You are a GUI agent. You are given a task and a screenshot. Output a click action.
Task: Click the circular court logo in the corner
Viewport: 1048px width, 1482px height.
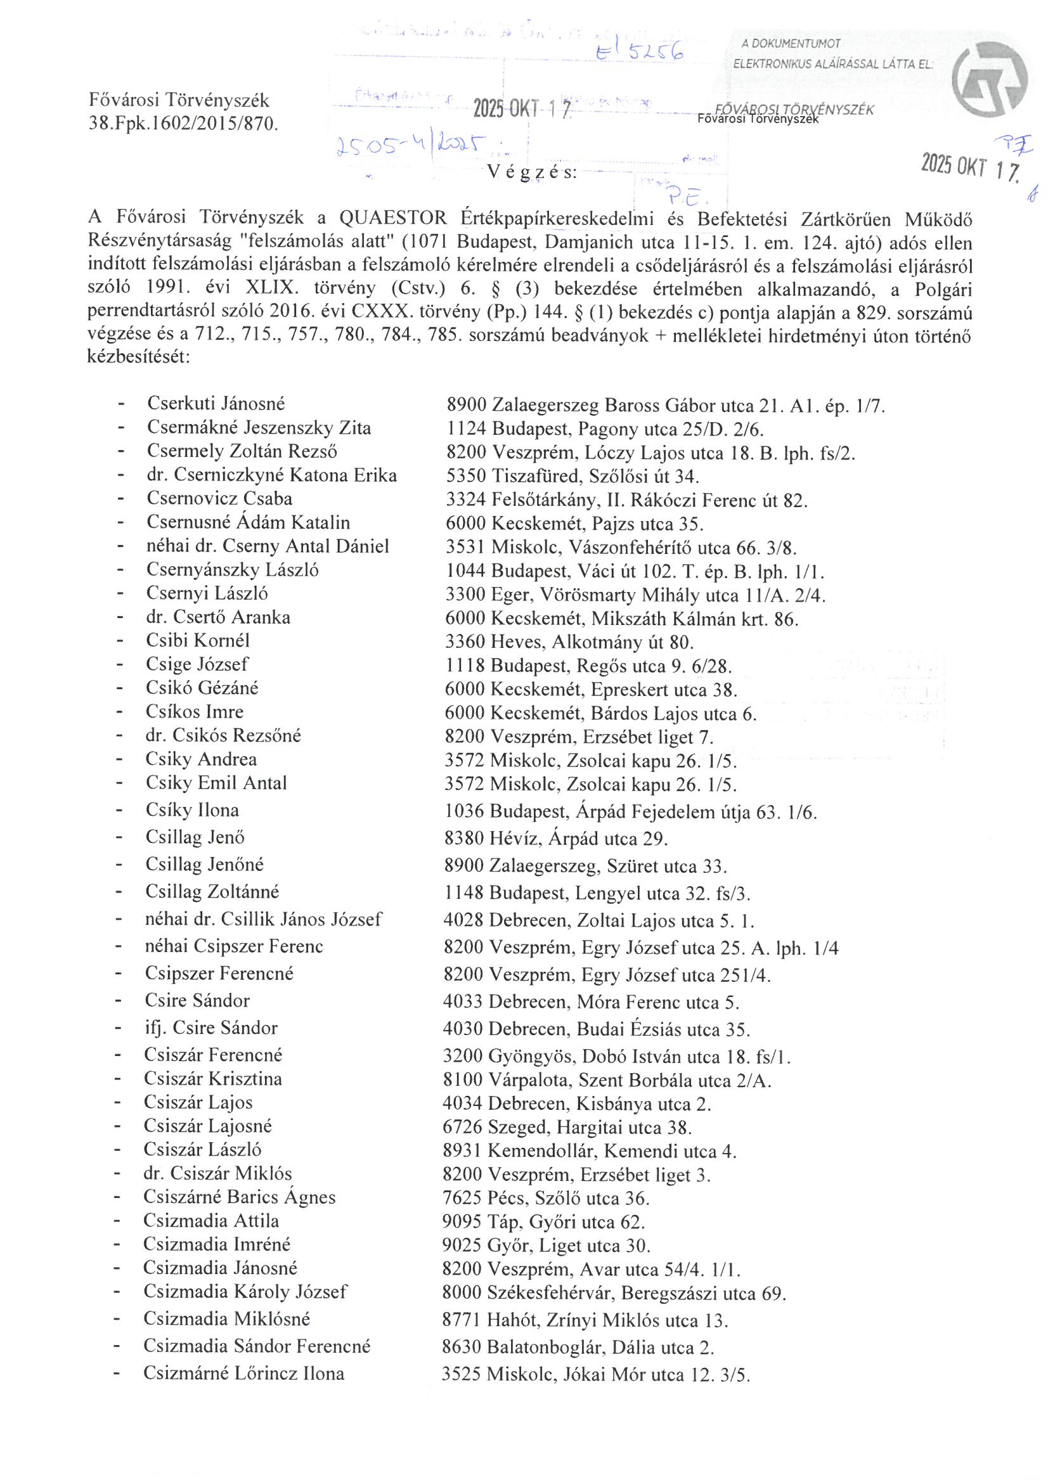989,79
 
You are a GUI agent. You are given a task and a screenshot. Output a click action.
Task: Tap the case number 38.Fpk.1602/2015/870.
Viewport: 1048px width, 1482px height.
183,123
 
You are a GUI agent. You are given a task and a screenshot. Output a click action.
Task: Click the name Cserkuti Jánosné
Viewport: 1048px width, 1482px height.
216,403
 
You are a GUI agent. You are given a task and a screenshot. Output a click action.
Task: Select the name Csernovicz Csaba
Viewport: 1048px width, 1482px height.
219,498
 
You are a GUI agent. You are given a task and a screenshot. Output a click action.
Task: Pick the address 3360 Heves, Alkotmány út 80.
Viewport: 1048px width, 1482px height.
569,642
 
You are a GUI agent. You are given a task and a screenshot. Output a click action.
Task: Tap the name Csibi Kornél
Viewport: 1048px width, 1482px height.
197,640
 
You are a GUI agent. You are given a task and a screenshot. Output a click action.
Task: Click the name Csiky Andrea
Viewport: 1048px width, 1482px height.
201,759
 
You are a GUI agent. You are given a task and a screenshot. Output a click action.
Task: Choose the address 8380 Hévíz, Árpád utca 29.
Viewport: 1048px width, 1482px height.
555,839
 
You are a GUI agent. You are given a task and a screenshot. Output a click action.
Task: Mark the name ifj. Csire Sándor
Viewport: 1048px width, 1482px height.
211,1028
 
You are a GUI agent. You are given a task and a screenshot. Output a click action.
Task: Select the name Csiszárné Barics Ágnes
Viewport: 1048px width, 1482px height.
239,1197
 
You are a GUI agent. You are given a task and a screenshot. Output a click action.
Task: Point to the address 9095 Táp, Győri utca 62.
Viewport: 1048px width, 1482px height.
544,1222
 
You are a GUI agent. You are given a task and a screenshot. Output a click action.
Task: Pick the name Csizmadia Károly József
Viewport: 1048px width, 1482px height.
245,1292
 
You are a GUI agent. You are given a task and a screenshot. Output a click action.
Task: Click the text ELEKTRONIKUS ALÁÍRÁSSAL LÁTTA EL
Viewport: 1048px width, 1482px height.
833,65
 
